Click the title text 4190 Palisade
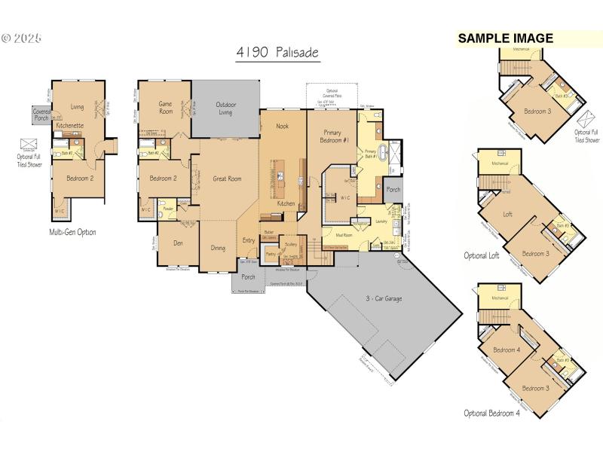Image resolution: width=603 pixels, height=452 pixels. (277, 53)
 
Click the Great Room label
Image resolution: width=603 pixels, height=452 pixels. (226, 179)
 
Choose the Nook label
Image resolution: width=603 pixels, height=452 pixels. (282, 127)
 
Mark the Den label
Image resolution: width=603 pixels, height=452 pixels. (178, 243)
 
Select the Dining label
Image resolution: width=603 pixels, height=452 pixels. (218, 247)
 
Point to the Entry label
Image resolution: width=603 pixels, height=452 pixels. (249, 240)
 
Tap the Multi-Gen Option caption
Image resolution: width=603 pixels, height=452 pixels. (72, 232)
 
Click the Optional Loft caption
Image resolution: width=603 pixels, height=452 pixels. (482, 255)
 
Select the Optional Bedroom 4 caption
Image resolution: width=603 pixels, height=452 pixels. (492, 413)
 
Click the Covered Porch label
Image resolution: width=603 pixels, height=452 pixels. (41, 114)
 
